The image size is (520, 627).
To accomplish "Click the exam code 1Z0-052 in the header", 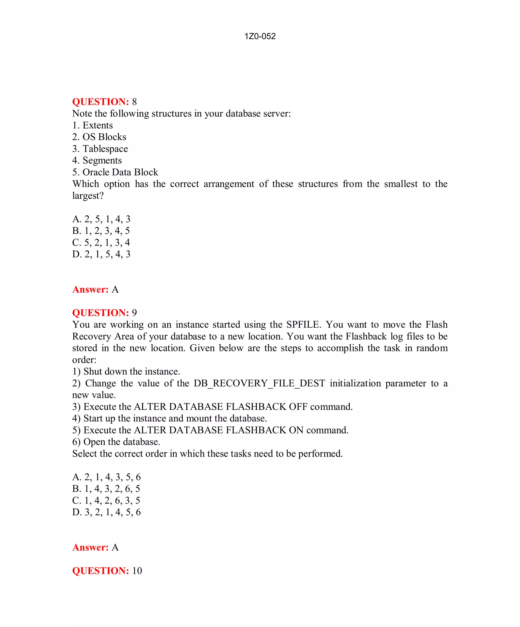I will (260, 36).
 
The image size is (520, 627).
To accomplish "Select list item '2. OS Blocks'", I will (99, 137).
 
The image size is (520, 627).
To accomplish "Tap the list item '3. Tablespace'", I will (100, 149).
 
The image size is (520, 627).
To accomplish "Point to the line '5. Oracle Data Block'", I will (115, 172).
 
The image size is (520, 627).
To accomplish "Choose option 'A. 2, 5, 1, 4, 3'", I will (101, 219).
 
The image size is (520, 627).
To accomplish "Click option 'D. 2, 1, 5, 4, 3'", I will (101, 254).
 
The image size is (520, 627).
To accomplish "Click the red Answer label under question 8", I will (90, 290).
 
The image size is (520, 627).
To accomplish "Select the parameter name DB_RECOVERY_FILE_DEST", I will (259, 383).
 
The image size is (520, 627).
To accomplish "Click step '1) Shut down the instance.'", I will (126, 372).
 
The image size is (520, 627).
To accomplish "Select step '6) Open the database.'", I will (116, 442).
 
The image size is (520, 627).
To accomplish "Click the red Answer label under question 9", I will (90, 548).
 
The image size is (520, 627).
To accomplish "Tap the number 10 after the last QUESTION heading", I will (137, 571).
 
